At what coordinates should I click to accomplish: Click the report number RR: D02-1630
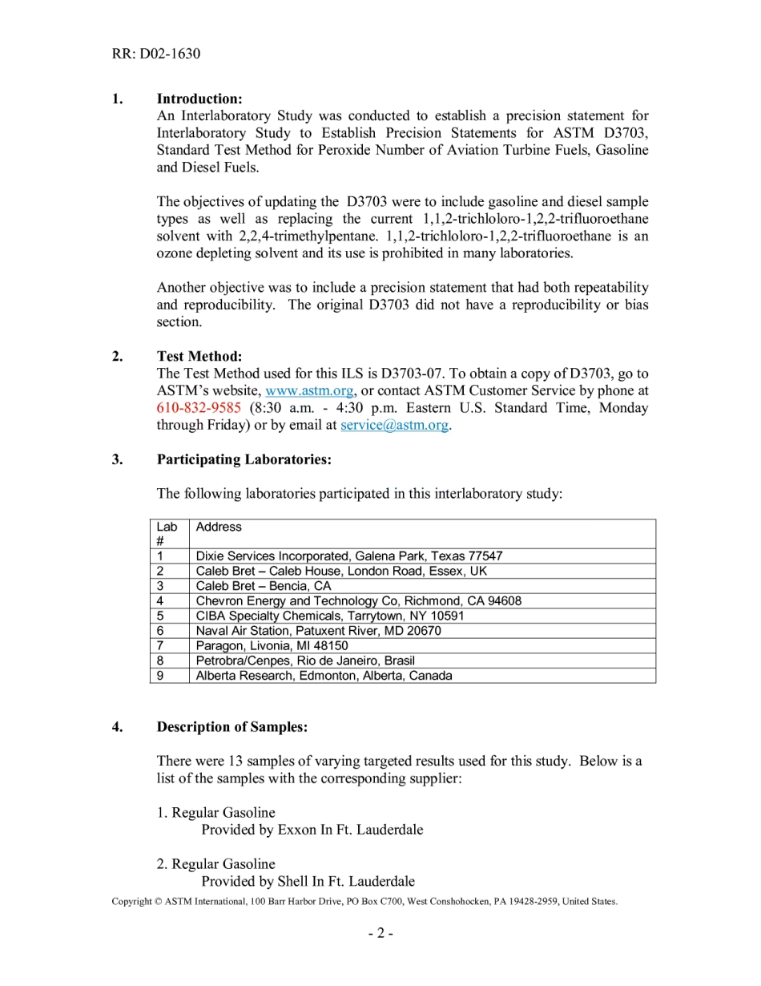pos(156,54)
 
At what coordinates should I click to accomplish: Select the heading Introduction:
pos(199,99)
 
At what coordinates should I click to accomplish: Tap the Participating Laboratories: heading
pos(244,459)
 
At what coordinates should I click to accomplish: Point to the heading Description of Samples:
pos(232,727)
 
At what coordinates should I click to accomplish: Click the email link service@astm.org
pos(394,425)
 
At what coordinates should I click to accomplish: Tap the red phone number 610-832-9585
pos(199,408)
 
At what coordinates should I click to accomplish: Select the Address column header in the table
pos(219,527)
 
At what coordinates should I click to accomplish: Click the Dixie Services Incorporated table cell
pos(349,556)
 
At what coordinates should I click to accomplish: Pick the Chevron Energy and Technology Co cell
pos(358,600)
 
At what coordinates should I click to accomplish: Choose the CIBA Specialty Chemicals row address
pos(329,616)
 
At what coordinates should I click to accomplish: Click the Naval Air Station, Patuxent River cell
pos(318,631)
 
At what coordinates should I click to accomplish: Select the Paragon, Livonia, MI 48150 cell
pos(272,645)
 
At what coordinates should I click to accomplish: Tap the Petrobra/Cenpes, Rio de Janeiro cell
pos(305,661)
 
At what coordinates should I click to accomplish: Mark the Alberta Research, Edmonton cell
pos(324,675)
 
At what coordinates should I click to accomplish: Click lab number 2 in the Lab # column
pos(161,571)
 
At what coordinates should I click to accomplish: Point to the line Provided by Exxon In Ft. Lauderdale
pos(312,830)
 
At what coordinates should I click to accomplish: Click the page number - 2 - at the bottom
pos(380,933)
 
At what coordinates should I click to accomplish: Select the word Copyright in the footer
pos(131,901)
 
